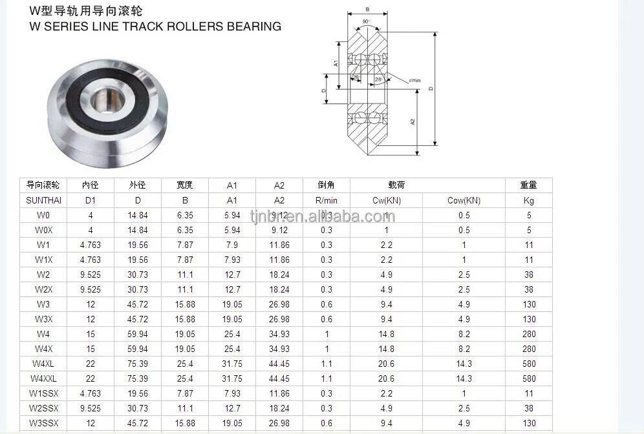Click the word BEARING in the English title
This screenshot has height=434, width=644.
(x=254, y=26)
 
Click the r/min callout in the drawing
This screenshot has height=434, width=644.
(x=414, y=80)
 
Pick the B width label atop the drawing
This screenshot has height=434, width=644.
(x=367, y=9)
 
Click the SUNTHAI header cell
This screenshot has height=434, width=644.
(x=43, y=200)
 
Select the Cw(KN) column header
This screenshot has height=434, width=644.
(x=386, y=200)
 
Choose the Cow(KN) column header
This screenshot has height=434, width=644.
(x=464, y=200)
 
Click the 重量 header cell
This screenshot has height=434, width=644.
(x=528, y=185)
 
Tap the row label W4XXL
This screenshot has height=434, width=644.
(x=43, y=378)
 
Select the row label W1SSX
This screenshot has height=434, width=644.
(x=43, y=393)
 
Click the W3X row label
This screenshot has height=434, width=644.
(x=43, y=319)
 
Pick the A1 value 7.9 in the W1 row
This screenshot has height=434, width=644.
(x=232, y=245)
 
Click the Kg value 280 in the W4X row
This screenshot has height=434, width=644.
(x=528, y=349)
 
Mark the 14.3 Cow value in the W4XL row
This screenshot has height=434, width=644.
(x=464, y=364)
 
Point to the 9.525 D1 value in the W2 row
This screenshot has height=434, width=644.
(x=90, y=274)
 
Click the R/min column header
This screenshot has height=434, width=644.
(x=327, y=200)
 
